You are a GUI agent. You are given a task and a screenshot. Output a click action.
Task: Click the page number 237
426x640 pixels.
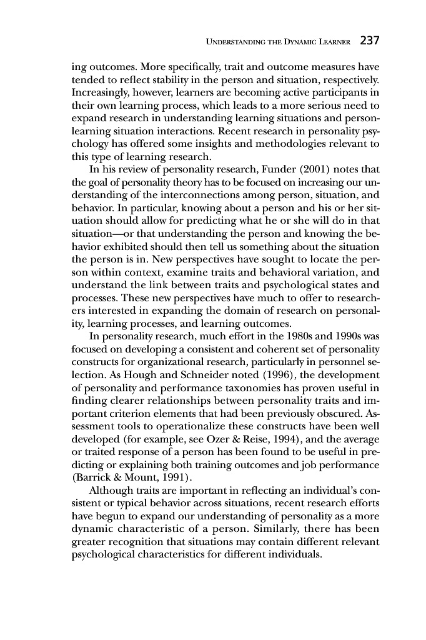coord(370,42)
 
